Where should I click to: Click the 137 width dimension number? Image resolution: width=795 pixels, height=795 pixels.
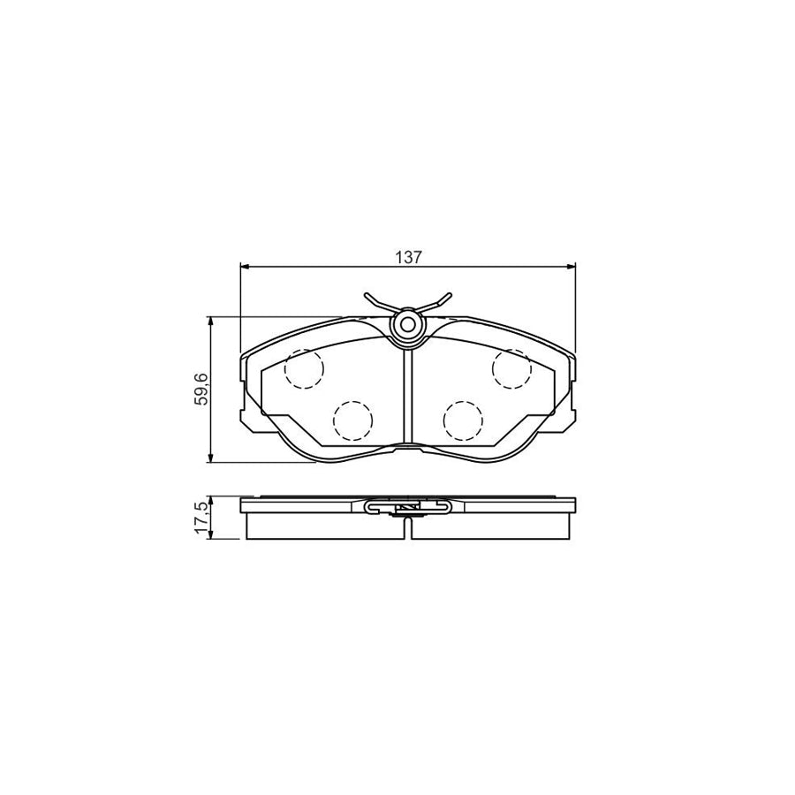(408, 257)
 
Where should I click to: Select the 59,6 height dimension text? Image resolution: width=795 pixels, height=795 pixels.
(202, 390)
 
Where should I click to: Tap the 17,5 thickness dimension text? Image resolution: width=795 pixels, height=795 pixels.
(202, 519)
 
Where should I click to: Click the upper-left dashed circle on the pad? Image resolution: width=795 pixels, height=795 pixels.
(304, 368)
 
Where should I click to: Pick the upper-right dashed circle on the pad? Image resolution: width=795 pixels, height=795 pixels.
(511, 368)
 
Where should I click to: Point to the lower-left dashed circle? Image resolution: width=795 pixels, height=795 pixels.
(352, 420)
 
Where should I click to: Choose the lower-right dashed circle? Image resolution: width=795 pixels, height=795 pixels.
(462, 420)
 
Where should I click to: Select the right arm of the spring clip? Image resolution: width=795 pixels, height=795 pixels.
(434, 302)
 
